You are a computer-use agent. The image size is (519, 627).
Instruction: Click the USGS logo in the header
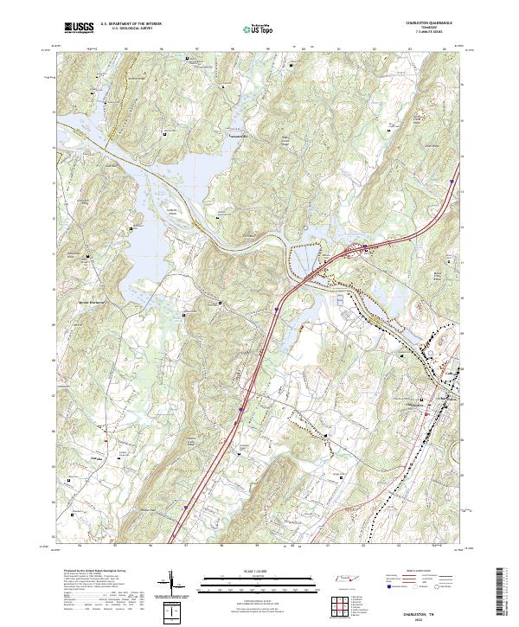[x=78, y=29]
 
